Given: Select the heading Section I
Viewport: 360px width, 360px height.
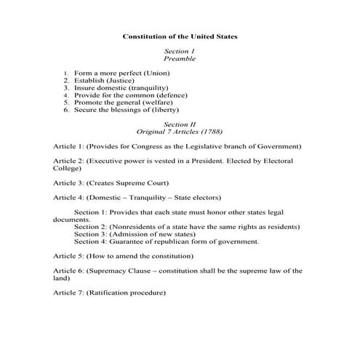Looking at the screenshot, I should point(179,51).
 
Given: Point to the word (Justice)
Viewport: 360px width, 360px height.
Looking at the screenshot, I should point(129,81).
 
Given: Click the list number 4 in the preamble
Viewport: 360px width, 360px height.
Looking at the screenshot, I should point(65,95).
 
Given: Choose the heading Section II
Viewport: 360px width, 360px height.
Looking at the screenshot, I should point(179,124).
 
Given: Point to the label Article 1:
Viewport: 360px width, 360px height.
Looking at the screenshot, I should point(68,146).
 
